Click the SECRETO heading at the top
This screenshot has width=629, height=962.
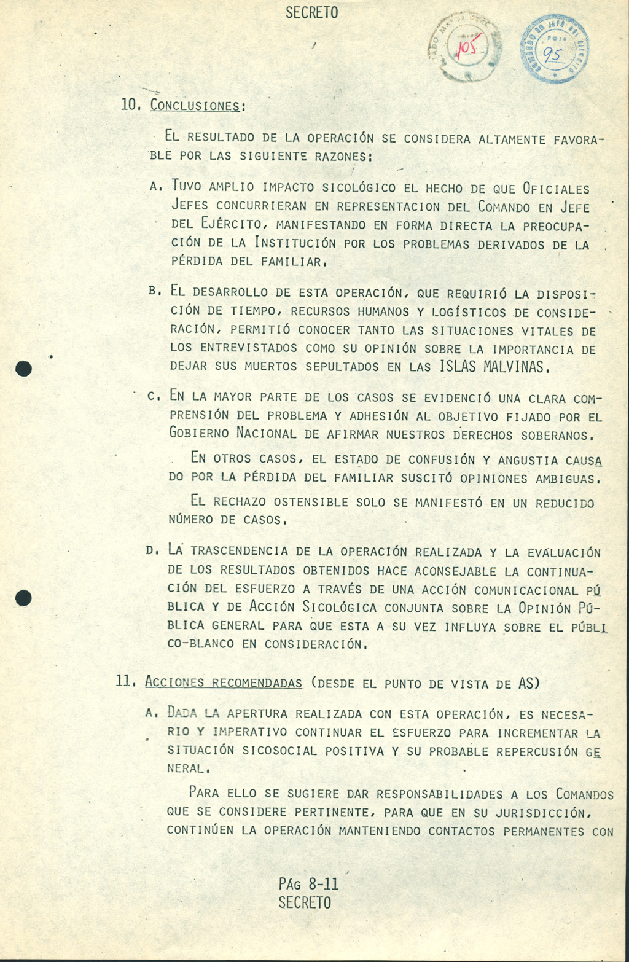pos(311,13)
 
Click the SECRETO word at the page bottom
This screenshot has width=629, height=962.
pos(305,902)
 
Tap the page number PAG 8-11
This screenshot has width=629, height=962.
pos(308,884)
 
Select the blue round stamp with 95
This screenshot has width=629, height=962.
pos(554,49)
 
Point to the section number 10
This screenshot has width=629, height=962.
pos(130,105)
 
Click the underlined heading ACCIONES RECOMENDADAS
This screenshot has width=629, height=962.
pos(224,682)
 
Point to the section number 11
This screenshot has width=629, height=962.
pos(125,682)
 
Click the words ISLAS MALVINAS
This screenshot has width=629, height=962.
pos(492,367)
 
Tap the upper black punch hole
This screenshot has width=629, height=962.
pos(23,369)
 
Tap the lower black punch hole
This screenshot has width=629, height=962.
pos(23,598)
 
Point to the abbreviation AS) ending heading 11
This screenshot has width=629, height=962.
pos(529,683)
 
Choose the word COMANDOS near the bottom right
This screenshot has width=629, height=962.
pos(584,794)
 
